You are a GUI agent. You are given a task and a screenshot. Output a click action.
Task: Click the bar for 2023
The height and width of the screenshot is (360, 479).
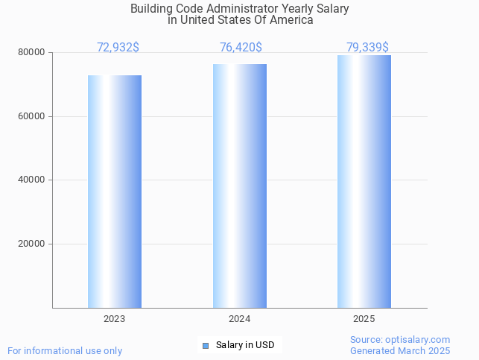coord(115,192)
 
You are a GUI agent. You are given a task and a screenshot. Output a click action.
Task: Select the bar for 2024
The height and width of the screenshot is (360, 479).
coord(240,186)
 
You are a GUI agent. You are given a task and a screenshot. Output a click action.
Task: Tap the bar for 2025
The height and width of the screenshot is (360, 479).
coord(364,181)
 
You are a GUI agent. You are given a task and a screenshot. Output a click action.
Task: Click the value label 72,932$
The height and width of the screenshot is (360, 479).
coord(118,48)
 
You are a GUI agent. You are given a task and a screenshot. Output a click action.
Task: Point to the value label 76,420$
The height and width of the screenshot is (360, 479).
coord(241,48)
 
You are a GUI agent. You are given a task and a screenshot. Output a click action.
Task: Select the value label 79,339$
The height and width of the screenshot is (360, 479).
coord(367,48)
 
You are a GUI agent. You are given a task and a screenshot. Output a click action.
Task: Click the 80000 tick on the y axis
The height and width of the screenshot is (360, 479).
coord(33,53)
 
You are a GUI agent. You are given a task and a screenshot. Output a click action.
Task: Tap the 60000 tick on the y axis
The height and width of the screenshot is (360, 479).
coord(33,116)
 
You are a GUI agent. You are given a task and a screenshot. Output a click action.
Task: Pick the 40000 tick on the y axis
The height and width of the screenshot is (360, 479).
coord(33,180)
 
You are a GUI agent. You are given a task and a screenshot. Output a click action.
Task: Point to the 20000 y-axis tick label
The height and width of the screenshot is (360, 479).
coord(33,244)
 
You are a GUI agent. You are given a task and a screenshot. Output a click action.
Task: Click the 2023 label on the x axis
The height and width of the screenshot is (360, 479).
coord(115,319)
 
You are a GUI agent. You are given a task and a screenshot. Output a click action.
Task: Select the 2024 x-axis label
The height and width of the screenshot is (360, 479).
coord(240,319)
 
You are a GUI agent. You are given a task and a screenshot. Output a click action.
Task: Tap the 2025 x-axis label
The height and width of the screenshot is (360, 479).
coord(364,319)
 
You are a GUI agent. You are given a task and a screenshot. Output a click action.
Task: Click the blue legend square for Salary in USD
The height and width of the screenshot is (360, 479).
coord(206,345)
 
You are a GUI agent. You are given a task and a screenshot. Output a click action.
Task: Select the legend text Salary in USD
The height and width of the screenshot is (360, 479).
coord(245,345)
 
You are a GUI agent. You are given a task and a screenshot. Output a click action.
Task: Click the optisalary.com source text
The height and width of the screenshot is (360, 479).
coord(400,340)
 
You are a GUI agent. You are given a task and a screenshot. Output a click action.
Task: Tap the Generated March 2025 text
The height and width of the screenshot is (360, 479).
coord(400,350)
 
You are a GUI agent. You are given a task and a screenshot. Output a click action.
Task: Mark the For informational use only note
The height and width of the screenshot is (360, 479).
coord(65,350)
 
